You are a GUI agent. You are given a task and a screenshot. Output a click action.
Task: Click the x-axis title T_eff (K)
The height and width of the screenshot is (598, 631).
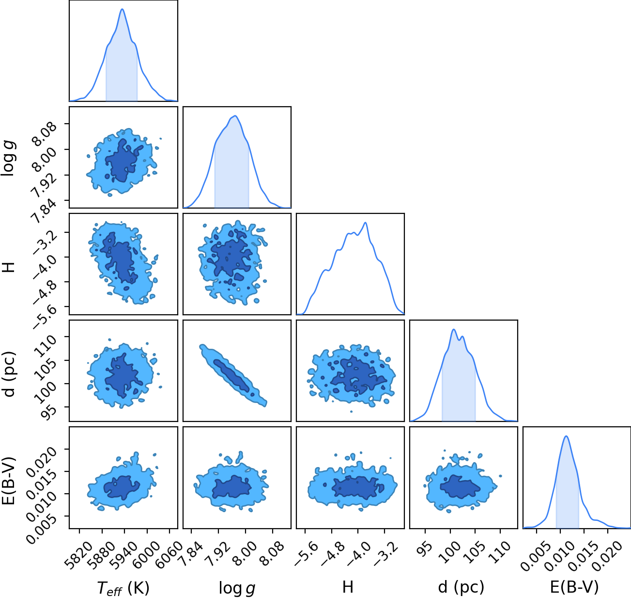(123, 588)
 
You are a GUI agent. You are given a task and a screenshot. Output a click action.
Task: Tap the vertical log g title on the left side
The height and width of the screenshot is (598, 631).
(8, 158)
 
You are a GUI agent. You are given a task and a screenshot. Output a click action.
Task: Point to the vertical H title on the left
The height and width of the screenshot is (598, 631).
(8, 267)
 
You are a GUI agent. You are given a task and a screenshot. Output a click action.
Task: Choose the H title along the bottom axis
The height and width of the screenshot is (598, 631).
(348, 587)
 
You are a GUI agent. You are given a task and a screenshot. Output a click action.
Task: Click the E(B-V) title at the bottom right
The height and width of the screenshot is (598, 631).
(574, 587)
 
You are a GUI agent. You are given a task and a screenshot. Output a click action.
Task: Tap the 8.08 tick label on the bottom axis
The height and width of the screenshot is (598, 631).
(273, 552)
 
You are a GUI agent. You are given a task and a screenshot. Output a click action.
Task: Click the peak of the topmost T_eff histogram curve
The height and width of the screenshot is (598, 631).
(123, 9)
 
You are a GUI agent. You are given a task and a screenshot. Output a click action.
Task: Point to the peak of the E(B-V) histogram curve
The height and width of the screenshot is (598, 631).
(566, 436)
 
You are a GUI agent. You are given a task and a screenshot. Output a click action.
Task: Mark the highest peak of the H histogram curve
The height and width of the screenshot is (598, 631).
(365, 223)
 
